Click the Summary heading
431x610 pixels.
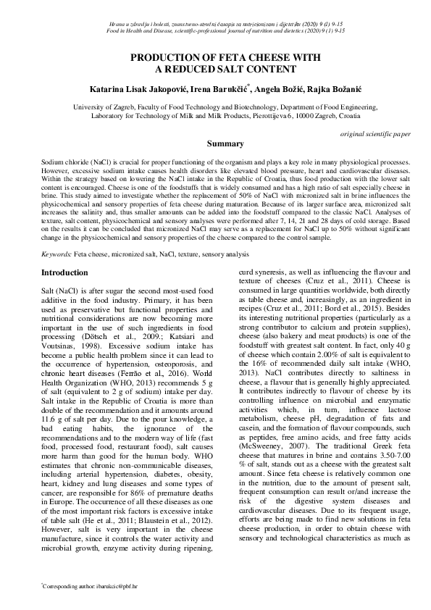click(x=215, y=144)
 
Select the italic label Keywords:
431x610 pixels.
click(x=57, y=255)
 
